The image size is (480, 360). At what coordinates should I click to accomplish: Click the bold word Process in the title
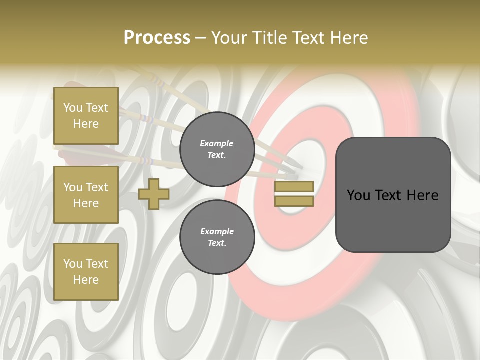pos(157,38)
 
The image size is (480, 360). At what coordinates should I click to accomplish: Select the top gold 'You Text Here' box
pos(86,116)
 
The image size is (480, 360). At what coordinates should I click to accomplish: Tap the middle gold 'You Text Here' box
pos(86,195)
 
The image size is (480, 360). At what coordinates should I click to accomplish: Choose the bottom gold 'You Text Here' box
pos(86,272)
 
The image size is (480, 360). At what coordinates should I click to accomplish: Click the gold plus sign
pos(153,194)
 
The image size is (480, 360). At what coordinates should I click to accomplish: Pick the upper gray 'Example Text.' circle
pos(217,149)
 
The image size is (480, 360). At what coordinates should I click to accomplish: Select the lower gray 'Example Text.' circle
pos(217,237)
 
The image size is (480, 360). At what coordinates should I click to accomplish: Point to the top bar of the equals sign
pos(294,186)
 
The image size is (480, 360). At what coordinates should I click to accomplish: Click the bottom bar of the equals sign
pos(294,201)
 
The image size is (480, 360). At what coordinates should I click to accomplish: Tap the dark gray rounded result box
pos(393,195)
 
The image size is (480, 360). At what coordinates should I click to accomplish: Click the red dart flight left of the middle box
pos(62,153)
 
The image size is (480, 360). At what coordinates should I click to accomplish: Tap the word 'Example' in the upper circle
pos(216,143)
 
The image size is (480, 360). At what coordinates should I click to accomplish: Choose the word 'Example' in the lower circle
pos(217,231)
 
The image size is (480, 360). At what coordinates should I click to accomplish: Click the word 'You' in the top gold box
pos(73,108)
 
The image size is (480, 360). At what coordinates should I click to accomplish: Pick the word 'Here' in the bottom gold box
pos(86,280)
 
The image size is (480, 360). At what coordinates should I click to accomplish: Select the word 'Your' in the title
pos(230,38)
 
